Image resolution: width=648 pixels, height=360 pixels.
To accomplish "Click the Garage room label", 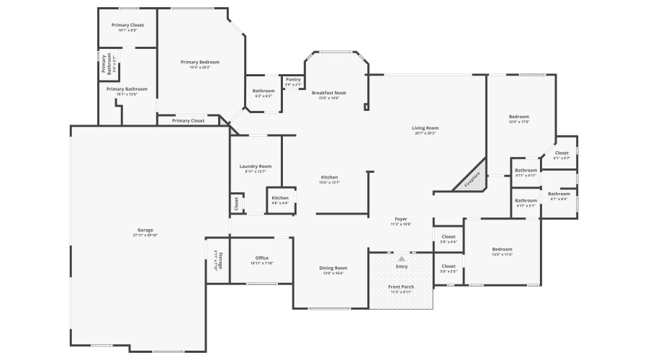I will [145, 230].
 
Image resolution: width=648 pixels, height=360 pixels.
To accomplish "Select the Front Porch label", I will [401, 288].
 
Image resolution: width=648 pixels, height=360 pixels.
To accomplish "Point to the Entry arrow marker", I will [401, 258].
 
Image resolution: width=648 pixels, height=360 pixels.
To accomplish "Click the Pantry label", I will [293, 80].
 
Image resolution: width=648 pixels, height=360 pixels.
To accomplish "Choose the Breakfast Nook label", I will [329, 93].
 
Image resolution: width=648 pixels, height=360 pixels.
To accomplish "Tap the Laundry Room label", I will [256, 166].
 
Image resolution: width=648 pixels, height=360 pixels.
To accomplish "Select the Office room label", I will [262, 258].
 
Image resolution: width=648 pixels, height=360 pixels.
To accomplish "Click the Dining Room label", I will [333, 268].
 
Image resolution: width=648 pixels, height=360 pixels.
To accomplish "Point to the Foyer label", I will [401, 219].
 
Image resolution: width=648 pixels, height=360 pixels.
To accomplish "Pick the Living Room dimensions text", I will [426, 133].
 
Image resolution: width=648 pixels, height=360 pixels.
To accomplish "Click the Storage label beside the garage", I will [219, 260].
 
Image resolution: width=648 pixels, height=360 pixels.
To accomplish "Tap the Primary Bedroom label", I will [200, 63].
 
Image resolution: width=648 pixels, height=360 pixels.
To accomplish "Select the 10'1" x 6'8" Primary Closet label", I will [127, 25].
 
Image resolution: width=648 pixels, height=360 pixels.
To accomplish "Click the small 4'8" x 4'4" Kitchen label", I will [280, 198].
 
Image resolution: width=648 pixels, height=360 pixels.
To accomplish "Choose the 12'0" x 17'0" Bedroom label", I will [519, 117].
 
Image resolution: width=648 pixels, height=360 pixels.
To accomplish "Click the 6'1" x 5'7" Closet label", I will [562, 153].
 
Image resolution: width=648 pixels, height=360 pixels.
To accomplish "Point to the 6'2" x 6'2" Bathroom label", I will [263, 91].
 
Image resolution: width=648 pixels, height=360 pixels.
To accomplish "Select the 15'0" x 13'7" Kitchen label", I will [329, 177].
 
